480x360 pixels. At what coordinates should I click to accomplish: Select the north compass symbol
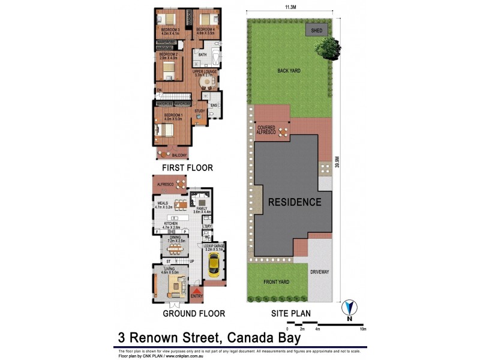(x=349, y=310)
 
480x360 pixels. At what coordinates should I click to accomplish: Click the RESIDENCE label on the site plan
(x=295, y=202)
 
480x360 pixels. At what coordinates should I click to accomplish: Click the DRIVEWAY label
(x=319, y=272)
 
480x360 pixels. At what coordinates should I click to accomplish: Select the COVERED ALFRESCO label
(x=266, y=130)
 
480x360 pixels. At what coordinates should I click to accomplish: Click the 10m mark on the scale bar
(x=362, y=329)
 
